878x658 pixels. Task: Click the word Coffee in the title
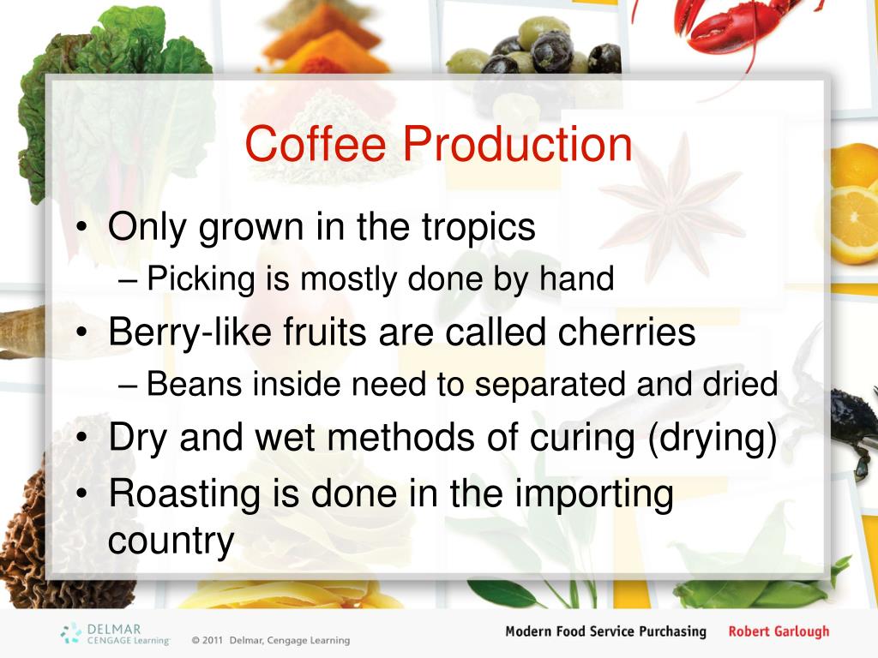point(316,144)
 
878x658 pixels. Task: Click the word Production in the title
point(517,144)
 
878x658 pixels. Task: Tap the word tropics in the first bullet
point(478,228)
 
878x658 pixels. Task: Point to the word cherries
point(627,332)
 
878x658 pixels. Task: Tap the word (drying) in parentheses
point(713,438)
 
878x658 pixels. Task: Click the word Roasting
point(185,494)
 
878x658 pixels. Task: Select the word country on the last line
point(171,541)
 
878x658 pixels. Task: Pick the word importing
point(594,494)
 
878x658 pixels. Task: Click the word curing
point(582,438)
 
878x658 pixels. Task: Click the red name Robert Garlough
point(779,631)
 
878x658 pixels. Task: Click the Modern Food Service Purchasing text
point(605,631)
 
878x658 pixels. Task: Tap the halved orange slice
point(853,224)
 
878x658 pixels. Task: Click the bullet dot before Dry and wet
point(82,437)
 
